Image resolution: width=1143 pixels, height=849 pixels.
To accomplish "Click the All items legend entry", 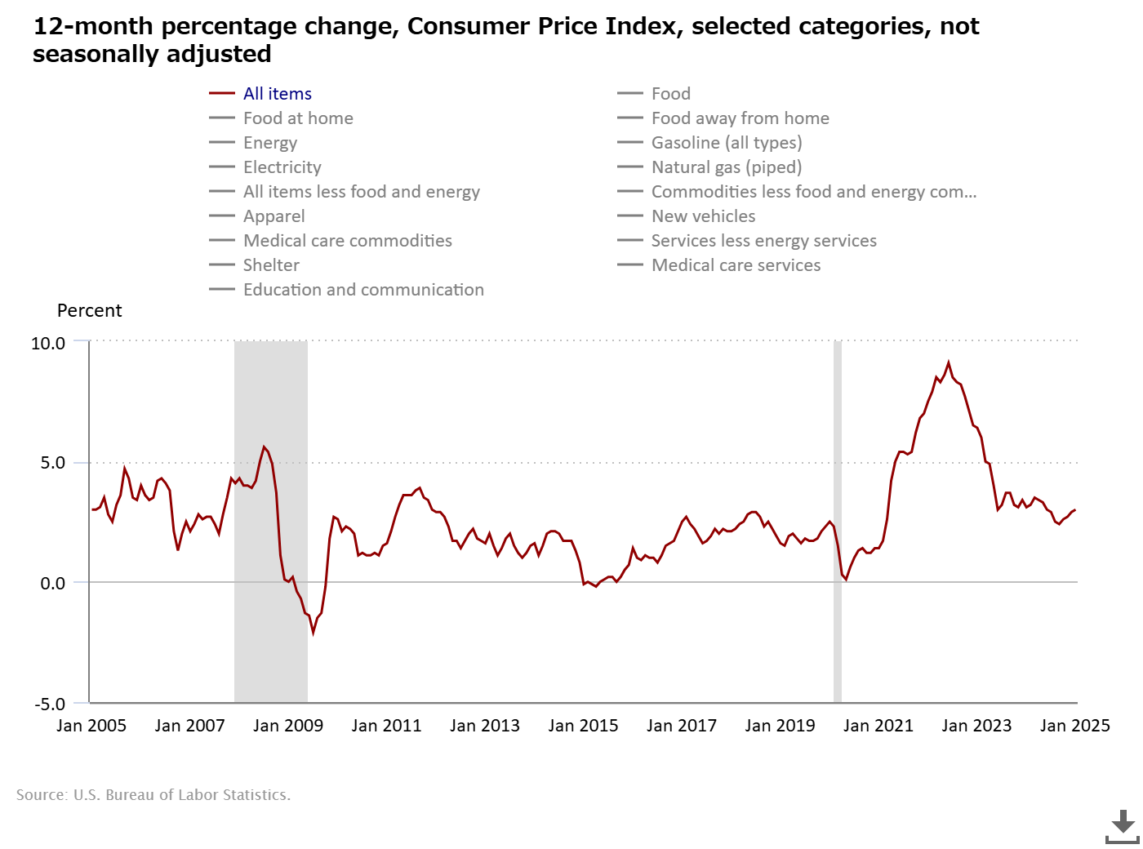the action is [x=260, y=94].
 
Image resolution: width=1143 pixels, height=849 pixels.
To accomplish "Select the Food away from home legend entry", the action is [x=723, y=118].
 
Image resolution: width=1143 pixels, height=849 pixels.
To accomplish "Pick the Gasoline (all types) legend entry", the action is [x=709, y=143].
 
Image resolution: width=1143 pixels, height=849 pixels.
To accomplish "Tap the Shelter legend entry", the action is [x=254, y=265].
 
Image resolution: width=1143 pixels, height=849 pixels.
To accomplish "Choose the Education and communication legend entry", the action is [x=346, y=290].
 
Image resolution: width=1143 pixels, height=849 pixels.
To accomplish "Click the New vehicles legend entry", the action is [x=686, y=216].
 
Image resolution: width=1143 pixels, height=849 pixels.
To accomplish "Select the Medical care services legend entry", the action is [x=718, y=265].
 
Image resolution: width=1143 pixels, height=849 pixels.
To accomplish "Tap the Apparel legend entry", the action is [x=256, y=216].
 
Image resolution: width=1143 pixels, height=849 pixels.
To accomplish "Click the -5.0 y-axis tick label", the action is [x=50, y=705].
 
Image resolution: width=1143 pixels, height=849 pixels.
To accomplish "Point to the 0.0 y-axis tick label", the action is [x=52, y=584].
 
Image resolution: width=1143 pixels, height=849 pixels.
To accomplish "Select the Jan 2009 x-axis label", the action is [x=288, y=726].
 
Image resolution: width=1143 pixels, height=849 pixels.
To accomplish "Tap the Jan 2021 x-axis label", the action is [x=878, y=726].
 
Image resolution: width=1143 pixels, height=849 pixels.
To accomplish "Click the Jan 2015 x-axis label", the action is [x=583, y=726].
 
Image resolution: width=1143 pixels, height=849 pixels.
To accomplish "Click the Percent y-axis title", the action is [x=89, y=311].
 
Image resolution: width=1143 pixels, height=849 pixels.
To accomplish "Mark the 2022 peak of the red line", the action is [x=948, y=363].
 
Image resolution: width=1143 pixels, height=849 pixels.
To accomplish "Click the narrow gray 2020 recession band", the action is [x=838, y=522].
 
